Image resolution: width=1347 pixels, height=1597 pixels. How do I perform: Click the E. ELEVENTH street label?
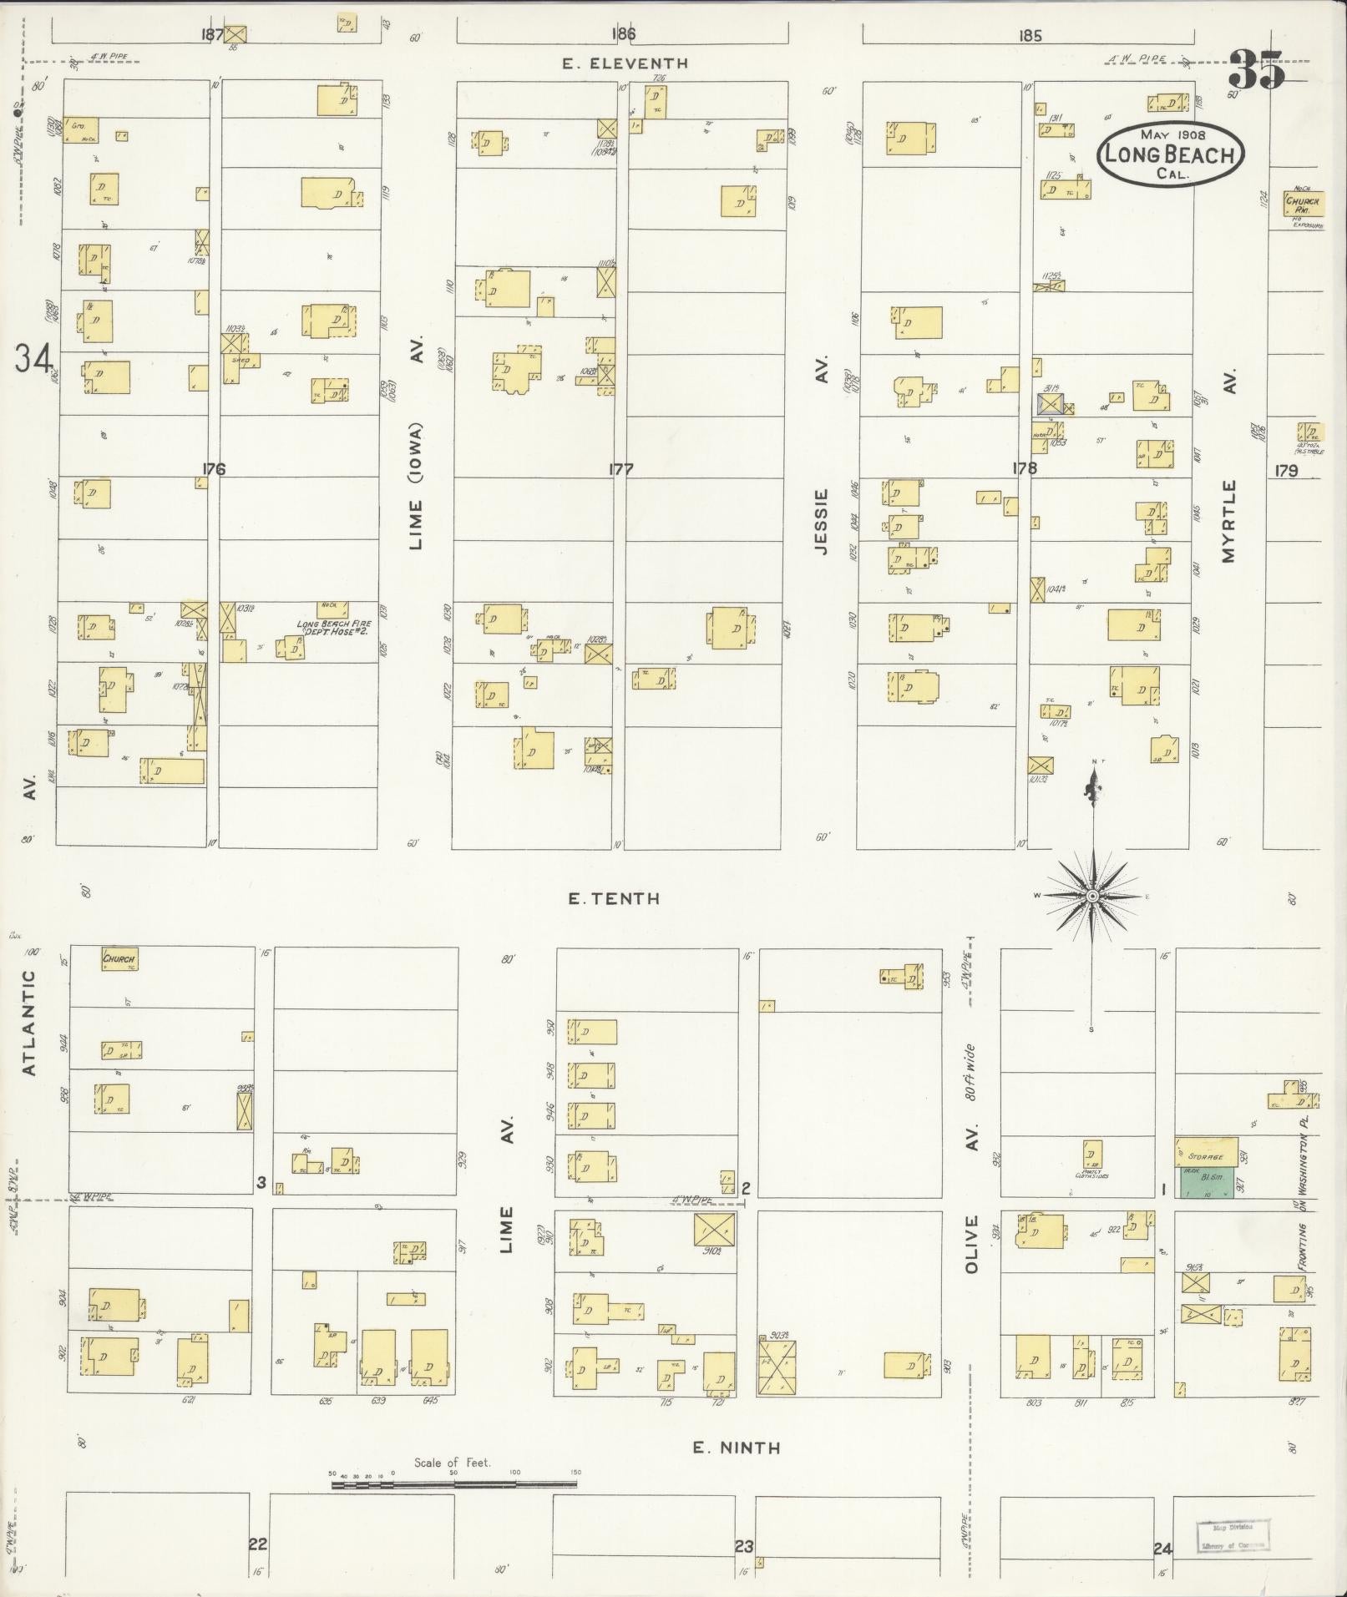click(625, 63)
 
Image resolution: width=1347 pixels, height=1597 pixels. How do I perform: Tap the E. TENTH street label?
click(614, 899)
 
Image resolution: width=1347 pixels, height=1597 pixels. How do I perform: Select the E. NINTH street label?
click(736, 1448)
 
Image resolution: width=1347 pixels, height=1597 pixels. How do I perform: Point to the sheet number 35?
click(1256, 70)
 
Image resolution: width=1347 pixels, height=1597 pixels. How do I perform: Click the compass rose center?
click(1091, 896)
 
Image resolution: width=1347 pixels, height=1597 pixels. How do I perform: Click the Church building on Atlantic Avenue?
click(119, 958)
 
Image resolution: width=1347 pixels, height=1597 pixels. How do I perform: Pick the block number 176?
click(214, 469)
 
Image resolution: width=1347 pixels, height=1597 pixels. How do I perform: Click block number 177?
click(620, 470)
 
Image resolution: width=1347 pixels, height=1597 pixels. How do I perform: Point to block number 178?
click(1024, 469)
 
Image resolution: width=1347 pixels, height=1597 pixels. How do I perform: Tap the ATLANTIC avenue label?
click(29, 1022)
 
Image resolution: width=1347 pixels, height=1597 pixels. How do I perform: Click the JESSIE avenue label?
click(822, 522)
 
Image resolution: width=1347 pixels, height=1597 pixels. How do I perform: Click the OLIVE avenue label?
click(970, 1244)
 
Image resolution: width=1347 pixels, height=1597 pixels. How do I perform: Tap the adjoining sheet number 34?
click(32, 359)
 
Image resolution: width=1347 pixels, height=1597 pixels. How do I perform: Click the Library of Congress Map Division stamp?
click(1233, 1536)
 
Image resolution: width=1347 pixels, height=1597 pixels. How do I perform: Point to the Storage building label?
click(1207, 1156)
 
